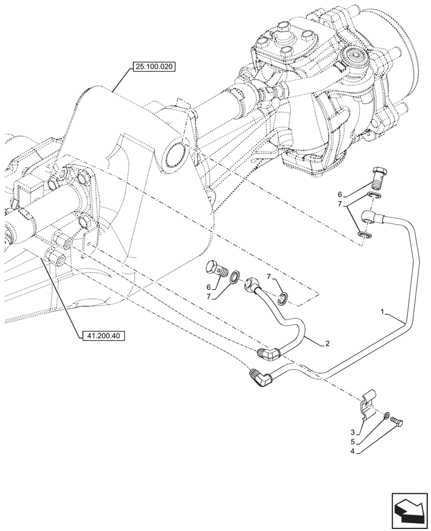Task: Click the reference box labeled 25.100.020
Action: point(153,67)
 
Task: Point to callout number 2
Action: point(327,344)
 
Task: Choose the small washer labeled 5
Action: point(387,415)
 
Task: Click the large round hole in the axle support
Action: point(176,159)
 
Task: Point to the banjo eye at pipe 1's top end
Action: point(370,216)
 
